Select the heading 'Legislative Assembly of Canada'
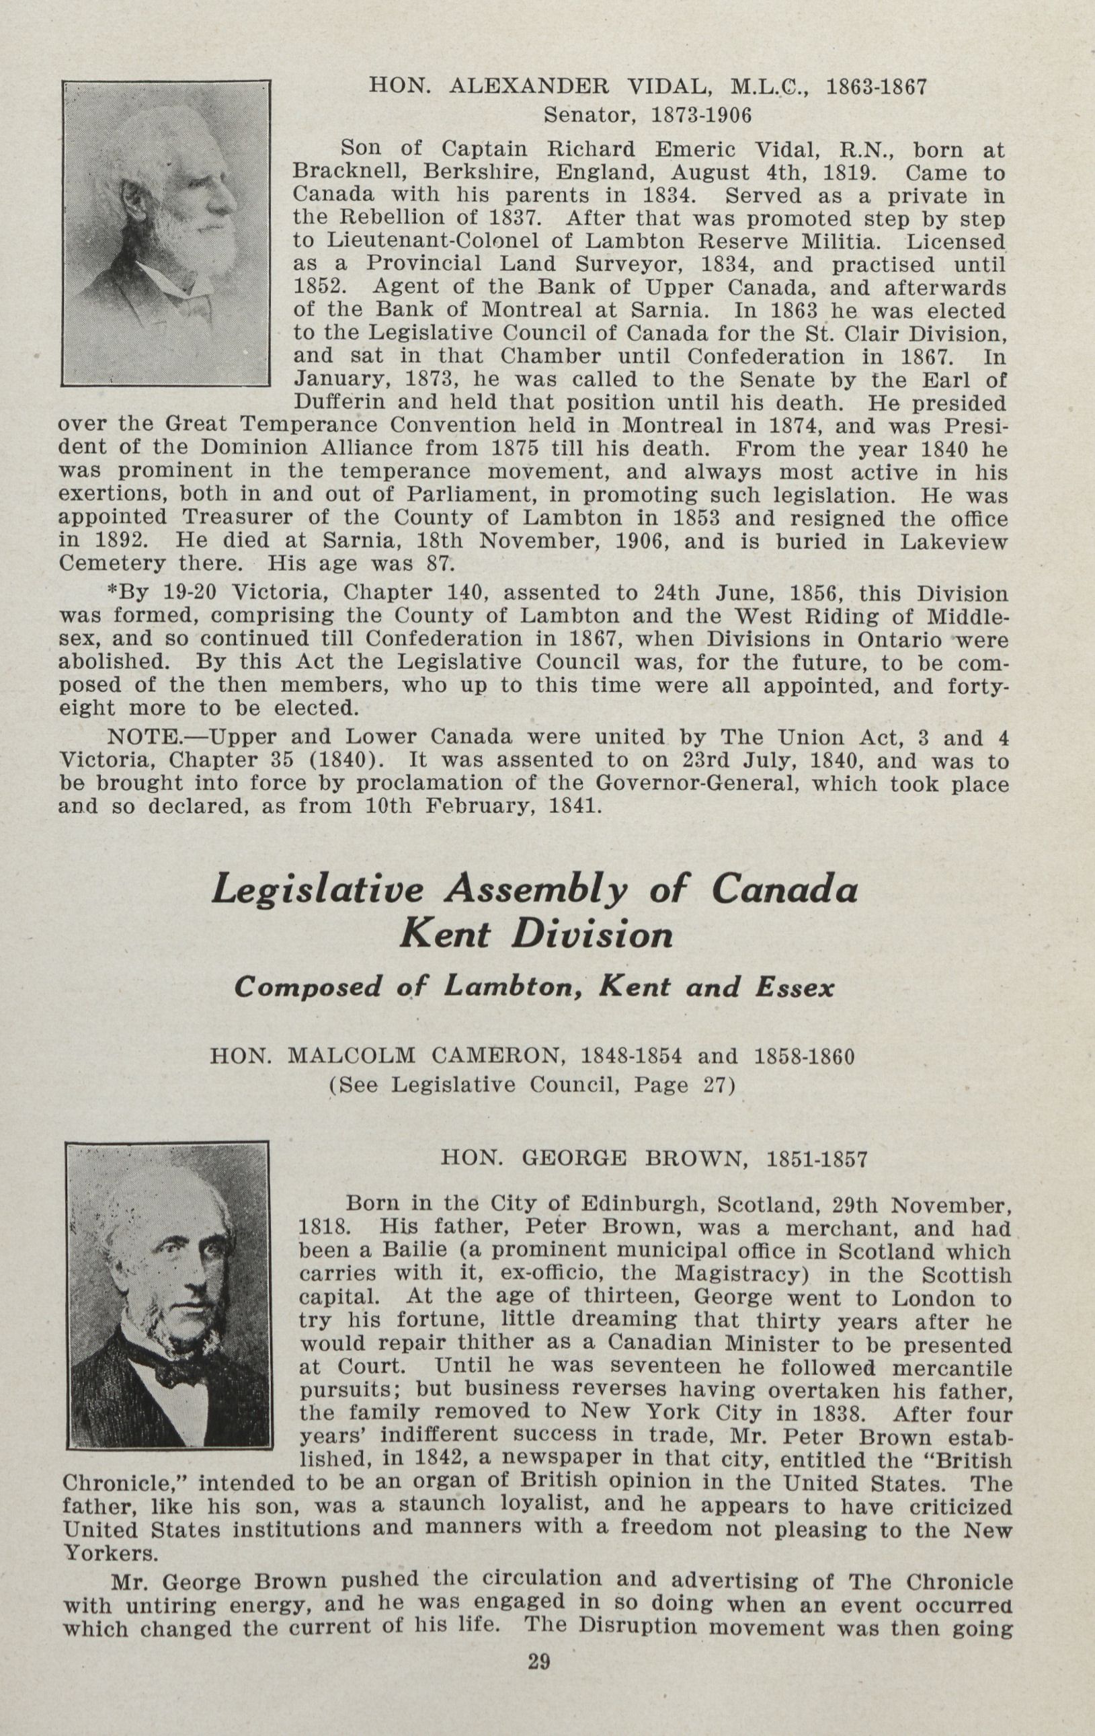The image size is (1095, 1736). coord(534,890)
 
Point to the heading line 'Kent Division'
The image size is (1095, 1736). coord(536,935)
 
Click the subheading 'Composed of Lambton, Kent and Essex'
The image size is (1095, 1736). coord(534,987)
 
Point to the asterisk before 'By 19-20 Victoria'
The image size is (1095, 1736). coord(112,592)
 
